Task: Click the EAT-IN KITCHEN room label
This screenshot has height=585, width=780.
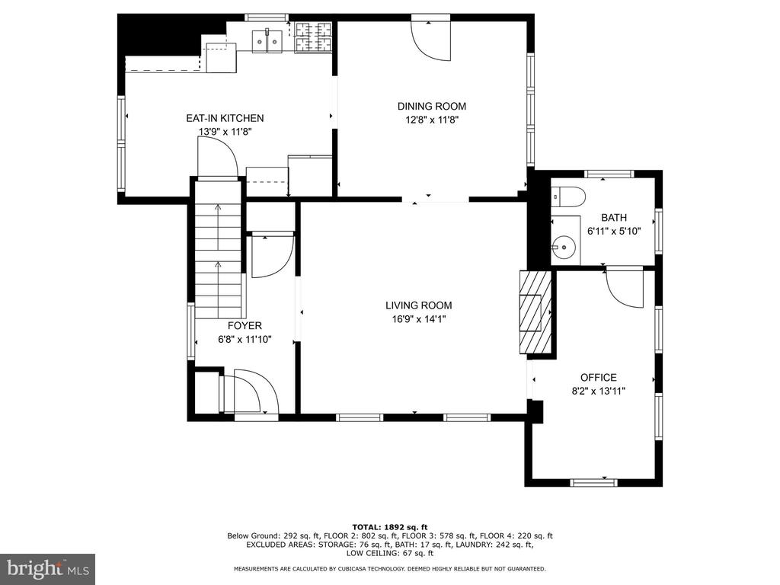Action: [x=225, y=118]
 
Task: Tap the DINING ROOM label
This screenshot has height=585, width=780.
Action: [x=432, y=107]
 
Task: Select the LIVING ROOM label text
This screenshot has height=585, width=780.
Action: [x=419, y=306]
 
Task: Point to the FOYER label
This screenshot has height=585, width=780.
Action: [x=245, y=326]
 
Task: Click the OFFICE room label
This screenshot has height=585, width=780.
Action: [x=599, y=378]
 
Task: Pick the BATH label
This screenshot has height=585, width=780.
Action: [x=614, y=218]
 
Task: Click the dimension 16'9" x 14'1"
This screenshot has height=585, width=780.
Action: [x=419, y=319]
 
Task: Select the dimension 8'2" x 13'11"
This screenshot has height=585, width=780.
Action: [x=599, y=391]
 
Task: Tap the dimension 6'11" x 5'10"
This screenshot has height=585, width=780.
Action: [x=614, y=232]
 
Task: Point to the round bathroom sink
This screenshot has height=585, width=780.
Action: [x=563, y=245]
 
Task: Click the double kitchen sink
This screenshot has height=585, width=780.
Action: [x=267, y=41]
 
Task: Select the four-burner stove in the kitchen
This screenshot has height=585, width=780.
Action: [x=313, y=37]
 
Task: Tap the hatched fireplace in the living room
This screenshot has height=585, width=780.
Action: [x=535, y=312]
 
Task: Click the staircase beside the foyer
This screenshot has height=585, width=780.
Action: [x=219, y=249]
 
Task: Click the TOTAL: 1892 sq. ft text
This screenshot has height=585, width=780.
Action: [x=390, y=527]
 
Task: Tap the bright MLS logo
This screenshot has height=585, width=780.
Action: [x=47, y=568]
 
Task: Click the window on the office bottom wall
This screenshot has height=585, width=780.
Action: [x=593, y=482]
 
